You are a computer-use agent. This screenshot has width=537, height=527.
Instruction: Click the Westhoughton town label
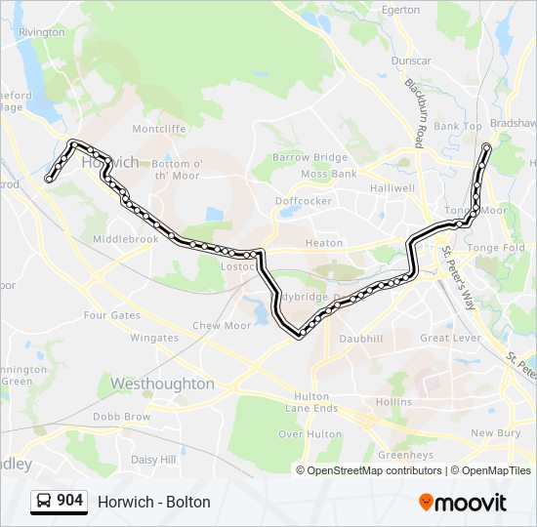tap(162, 384)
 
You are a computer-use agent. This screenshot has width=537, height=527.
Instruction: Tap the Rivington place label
tap(41, 32)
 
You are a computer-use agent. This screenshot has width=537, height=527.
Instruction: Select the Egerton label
tap(400, 10)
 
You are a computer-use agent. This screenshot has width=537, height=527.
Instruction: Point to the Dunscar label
tap(411, 61)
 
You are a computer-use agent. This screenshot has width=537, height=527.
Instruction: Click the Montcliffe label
tap(158, 129)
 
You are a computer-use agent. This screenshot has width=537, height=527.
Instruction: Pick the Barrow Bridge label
tap(310, 157)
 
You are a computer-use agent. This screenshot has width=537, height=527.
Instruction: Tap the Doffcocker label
tap(304, 201)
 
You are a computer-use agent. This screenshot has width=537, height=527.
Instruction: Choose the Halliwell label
tap(392, 187)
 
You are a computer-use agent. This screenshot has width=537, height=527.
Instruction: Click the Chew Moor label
tap(222, 326)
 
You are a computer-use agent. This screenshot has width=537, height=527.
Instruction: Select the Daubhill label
tap(360, 338)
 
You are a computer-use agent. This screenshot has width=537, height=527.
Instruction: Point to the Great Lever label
tap(449, 338)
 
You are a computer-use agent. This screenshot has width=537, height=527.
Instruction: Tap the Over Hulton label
tap(310, 434)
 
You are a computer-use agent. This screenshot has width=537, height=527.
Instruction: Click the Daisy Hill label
tap(153, 459)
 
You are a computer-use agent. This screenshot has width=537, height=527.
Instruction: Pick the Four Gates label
tap(112, 315)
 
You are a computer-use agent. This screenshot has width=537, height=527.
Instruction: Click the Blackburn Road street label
tap(417, 112)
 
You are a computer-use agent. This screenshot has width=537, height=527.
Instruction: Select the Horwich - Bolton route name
tap(154, 503)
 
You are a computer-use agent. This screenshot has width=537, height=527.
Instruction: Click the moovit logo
tap(463, 503)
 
